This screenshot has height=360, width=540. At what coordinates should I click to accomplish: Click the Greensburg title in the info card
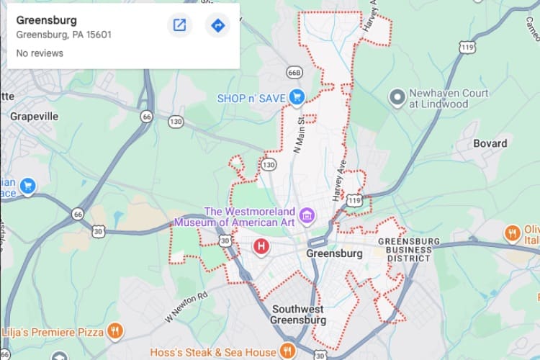(x=46, y=20)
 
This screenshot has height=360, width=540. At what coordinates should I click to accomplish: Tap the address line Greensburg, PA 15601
(x=63, y=35)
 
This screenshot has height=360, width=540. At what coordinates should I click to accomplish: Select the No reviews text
(x=40, y=53)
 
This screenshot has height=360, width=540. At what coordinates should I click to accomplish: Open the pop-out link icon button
(x=179, y=26)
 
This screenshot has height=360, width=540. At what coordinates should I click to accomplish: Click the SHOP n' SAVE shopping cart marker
(x=296, y=96)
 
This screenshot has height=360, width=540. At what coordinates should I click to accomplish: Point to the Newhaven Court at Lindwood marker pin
(x=395, y=96)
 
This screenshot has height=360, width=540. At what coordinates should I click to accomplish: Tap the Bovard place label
(x=490, y=143)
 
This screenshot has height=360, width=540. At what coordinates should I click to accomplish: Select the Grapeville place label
(x=34, y=115)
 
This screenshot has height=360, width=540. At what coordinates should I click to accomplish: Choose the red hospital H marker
(x=261, y=247)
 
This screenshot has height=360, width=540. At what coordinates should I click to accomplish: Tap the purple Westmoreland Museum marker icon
(x=307, y=214)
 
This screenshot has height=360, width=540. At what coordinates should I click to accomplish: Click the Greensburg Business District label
(x=404, y=249)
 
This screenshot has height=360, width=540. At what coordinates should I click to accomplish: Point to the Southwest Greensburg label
(x=299, y=315)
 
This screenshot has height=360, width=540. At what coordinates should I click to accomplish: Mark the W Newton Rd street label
(x=186, y=307)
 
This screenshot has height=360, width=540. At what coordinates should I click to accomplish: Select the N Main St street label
(x=297, y=137)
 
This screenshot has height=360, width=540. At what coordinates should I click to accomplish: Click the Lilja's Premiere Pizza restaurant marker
(x=114, y=331)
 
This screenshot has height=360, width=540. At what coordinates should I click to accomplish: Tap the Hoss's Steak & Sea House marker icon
(x=287, y=351)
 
